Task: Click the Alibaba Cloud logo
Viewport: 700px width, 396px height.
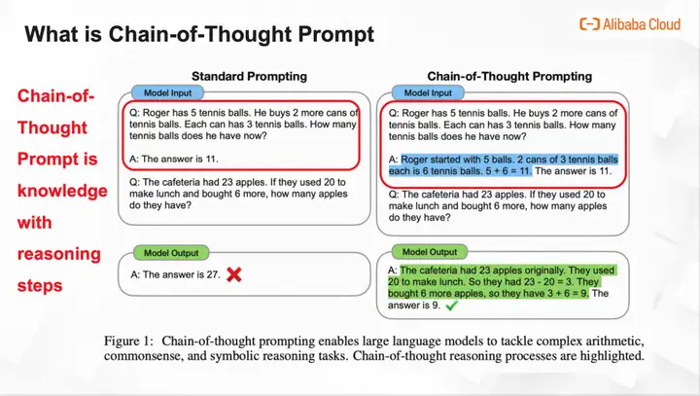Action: pyautogui.click(x=629, y=24)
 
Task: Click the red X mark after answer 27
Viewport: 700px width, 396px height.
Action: pyautogui.click(x=234, y=274)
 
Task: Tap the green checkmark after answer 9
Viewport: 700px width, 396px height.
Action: pyautogui.click(x=452, y=306)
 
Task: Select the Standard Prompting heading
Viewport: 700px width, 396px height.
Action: pyautogui.click(x=249, y=77)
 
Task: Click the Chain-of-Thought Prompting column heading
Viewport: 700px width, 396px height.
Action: pyautogui.click(x=509, y=77)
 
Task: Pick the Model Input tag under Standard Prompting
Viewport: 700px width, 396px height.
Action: pyautogui.click(x=167, y=93)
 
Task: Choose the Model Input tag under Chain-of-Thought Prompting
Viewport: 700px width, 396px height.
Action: pyautogui.click(x=428, y=93)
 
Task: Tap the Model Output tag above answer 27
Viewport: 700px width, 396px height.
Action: pyautogui.click(x=171, y=253)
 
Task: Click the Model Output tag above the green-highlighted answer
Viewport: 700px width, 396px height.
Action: pyautogui.click(x=430, y=252)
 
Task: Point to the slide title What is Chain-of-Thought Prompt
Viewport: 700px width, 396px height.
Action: pyautogui.click(x=199, y=34)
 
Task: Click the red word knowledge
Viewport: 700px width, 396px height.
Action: pyautogui.click(x=62, y=191)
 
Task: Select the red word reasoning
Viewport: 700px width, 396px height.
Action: pyautogui.click(x=59, y=254)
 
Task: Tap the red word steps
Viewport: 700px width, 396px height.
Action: pyautogui.click(x=40, y=286)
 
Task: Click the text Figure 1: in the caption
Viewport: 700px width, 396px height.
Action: pyautogui.click(x=128, y=341)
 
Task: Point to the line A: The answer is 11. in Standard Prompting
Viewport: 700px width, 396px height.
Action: pyautogui.click(x=174, y=160)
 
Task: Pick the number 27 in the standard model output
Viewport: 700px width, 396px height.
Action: pyautogui.click(x=213, y=275)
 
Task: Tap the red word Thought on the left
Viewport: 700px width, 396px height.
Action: pyautogui.click(x=52, y=127)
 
